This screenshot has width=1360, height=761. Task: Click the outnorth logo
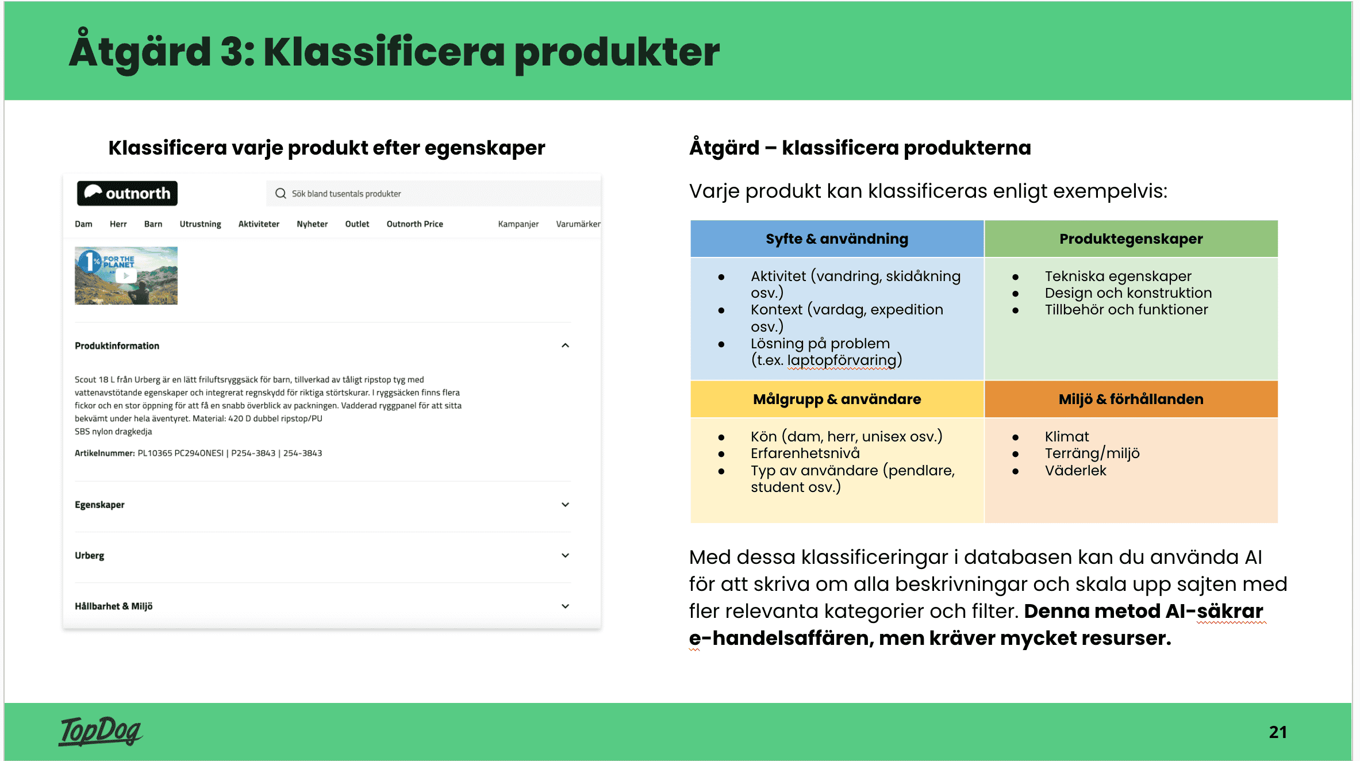(x=127, y=193)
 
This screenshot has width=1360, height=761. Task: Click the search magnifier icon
(x=281, y=193)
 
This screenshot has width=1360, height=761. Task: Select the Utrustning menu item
(x=200, y=224)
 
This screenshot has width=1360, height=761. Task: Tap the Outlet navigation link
(x=357, y=224)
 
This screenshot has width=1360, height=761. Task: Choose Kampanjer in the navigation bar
(x=518, y=224)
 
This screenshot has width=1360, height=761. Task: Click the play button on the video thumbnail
(x=126, y=276)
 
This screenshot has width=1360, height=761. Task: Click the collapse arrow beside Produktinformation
(x=565, y=345)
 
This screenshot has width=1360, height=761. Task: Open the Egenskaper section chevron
(x=565, y=505)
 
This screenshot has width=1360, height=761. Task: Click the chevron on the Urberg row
(x=565, y=555)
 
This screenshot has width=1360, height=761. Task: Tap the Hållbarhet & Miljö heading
(x=113, y=606)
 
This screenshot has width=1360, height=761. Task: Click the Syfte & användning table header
(x=836, y=239)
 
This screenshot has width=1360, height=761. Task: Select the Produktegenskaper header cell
(x=1131, y=239)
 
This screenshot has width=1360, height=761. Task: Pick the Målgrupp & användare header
(x=836, y=399)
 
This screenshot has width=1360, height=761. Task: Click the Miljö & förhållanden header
(x=1131, y=399)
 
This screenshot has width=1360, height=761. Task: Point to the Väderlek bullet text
(x=1075, y=471)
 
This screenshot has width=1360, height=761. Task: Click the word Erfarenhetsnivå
(x=805, y=453)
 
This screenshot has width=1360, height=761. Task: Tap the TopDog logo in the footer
(x=101, y=731)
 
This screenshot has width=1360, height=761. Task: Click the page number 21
(x=1277, y=732)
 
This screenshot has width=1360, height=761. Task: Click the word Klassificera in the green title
(x=384, y=52)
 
